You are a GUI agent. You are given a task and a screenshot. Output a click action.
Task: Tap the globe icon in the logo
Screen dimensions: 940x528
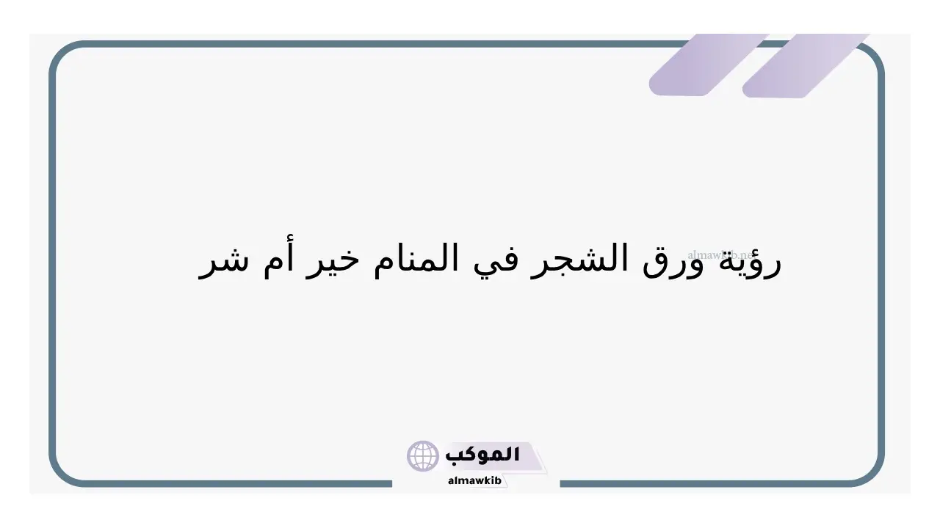[x=422, y=456]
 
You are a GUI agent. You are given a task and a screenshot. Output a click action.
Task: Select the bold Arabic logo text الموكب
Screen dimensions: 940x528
[x=482, y=455]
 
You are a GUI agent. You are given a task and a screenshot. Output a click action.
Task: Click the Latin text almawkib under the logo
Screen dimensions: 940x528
[x=474, y=480]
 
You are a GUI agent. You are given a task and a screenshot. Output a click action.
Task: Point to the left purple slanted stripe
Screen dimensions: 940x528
[x=709, y=65]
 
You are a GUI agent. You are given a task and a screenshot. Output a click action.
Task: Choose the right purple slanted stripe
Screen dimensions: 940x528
[x=806, y=65]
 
